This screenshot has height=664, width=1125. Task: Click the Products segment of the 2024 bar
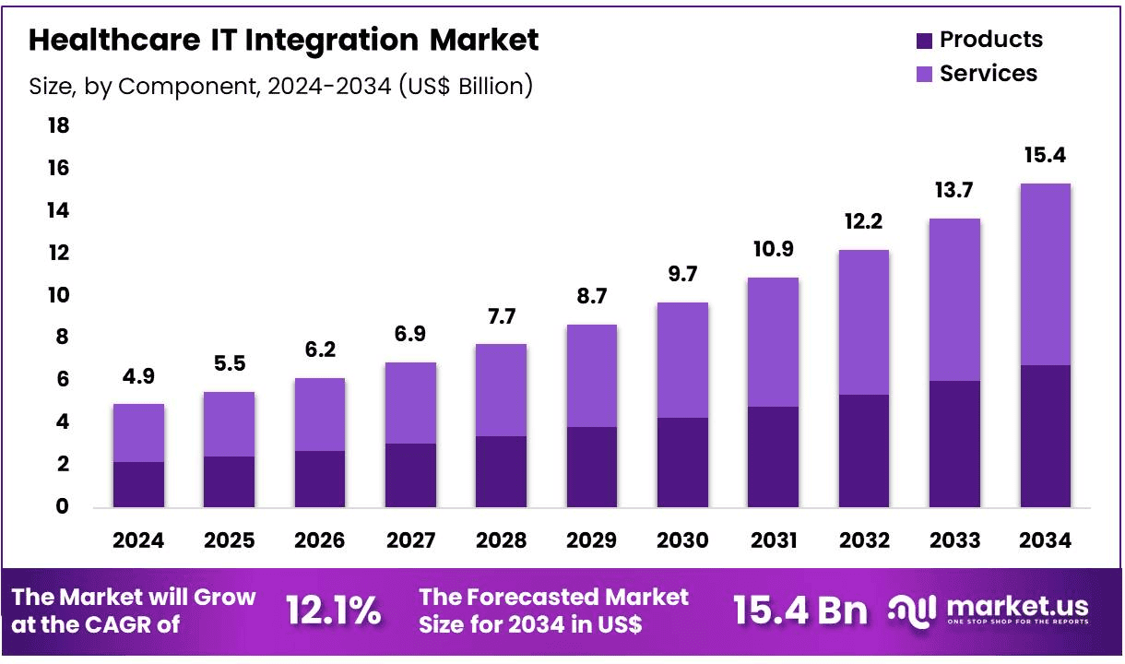[138, 484]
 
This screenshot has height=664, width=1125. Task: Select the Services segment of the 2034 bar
[1045, 274]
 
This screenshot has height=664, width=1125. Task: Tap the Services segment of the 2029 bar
[591, 375]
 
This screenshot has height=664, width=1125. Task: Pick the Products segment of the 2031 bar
[773, 456]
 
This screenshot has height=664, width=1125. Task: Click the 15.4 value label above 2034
[1045, 155]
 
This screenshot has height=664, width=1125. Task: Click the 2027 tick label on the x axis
[410, 540]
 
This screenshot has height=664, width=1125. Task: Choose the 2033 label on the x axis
[954, 540]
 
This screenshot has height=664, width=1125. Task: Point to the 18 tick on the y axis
[58, 125]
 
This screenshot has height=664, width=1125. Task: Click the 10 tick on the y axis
[58, 295]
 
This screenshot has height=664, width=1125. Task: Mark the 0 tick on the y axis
[63, 506]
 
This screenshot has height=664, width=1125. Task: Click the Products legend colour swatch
[925, 41]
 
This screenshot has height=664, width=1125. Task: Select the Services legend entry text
[989, 74]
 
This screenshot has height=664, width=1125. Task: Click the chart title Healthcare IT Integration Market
[284, 41]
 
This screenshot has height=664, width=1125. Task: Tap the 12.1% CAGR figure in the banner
[333, 611]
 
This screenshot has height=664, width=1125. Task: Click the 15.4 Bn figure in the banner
[799, 611]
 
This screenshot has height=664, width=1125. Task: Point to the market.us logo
[989, 611]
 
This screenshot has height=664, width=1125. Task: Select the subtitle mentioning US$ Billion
[281, 86]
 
